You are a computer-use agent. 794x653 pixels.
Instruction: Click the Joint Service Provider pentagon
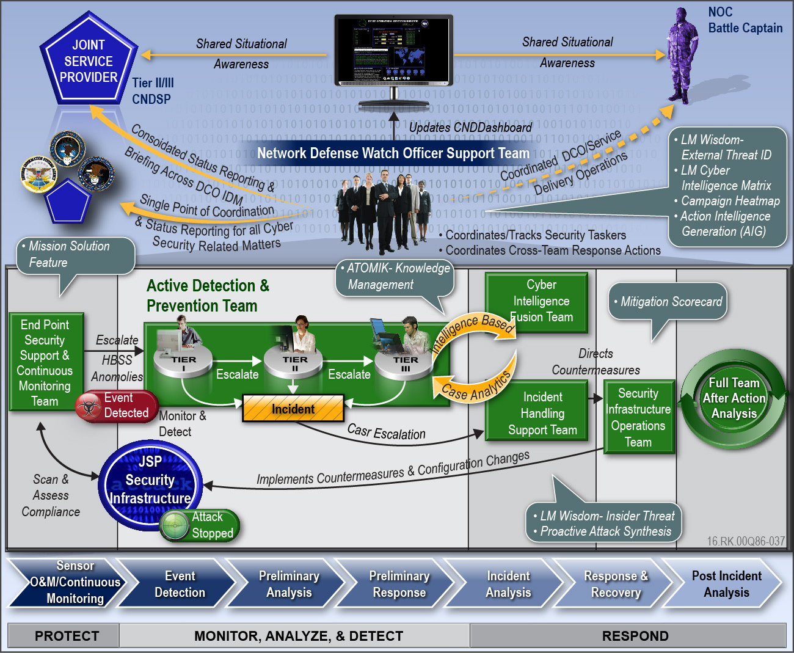89,60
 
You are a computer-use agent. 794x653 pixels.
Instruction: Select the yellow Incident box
293,409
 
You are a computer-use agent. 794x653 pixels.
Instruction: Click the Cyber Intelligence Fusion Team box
536,302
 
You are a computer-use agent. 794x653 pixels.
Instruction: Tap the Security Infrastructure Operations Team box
639,417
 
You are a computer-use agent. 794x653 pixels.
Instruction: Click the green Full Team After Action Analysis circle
734,398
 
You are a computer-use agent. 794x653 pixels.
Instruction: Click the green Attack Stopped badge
200,525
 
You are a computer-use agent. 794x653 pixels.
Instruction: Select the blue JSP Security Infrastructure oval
150,481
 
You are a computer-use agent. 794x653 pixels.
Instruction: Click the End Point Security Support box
46,362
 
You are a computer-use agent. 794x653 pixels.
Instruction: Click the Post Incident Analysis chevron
726,584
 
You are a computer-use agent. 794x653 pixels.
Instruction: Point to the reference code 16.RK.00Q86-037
745,541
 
